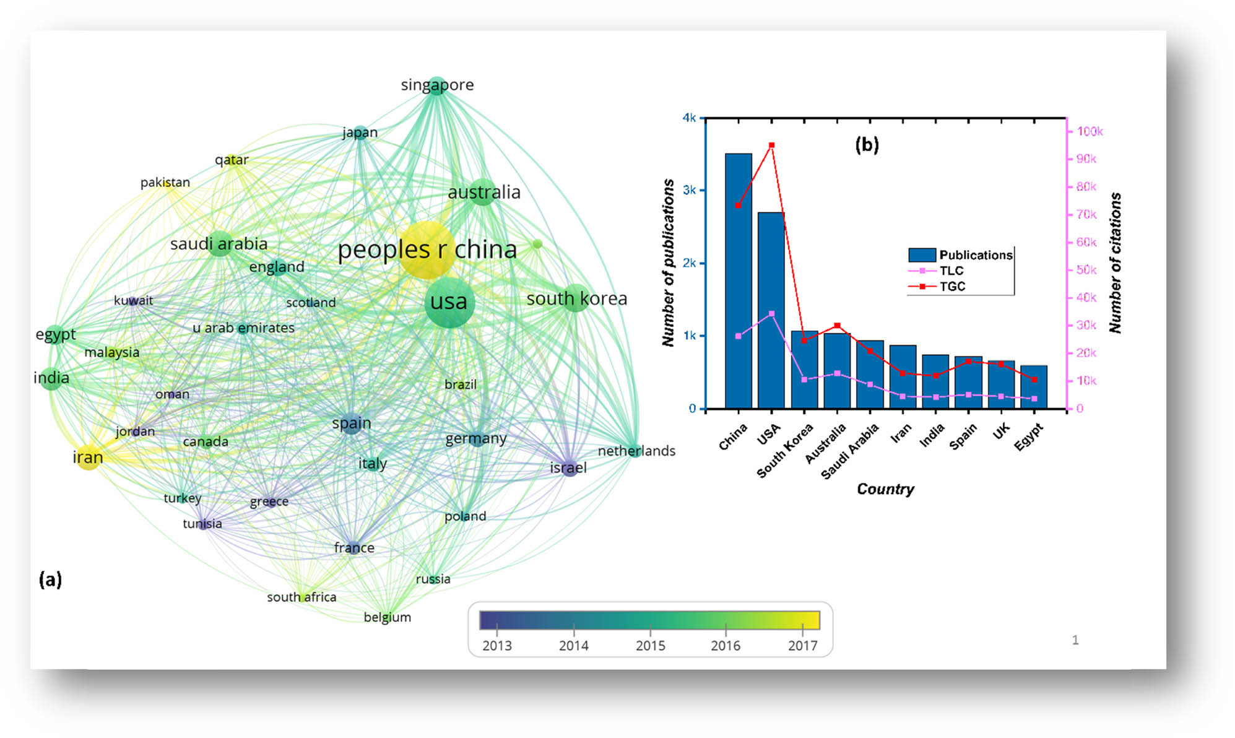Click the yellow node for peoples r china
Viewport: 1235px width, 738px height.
[x=427, y=250]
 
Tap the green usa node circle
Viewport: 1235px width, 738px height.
[x=449, y=302]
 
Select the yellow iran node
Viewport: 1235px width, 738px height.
[x=88, y=457]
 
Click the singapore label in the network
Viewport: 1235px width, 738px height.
[x=437, y=85]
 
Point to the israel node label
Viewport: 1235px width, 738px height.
[x=568, y=468]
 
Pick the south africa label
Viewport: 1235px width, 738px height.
[x=301, y=597]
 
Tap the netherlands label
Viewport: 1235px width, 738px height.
[x=636, y=451]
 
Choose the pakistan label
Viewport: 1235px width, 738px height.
[x=165, y=183]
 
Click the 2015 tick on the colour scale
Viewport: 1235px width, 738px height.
[x=650, y=645]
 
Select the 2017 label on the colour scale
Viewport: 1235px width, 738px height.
[x=802, y=645]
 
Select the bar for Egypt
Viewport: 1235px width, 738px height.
[x=1033, y=388]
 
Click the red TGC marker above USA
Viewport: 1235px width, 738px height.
[x=771, y=145]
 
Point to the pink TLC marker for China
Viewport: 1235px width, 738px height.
[x=738, y=336]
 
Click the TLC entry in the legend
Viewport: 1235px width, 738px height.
[x=951, y=271]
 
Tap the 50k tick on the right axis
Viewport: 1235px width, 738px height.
[x=1086, y=270]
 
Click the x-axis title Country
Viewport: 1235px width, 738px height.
[x=885, y=489]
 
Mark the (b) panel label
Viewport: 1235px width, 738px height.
[x=867, y=145]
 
